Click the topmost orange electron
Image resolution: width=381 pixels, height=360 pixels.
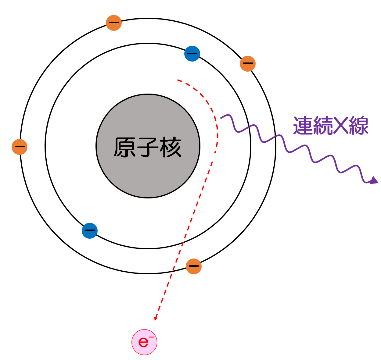(114, 23)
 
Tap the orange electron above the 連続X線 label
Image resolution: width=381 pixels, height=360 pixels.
(248, 64)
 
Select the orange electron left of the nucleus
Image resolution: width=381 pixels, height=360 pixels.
(20, 147)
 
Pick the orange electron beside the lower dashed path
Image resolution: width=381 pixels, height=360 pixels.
(194, 266)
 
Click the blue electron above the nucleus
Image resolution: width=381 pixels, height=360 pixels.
(192, 54)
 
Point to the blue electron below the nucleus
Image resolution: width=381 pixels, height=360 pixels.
(90, 231)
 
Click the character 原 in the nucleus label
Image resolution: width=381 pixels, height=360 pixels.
(125, 148)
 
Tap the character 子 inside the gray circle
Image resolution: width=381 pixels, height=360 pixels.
(148, 148)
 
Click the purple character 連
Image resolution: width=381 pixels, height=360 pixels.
(304, 126)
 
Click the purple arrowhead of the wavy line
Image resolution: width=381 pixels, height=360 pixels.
(374, 180)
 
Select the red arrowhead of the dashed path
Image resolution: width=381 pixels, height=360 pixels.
(156, 318)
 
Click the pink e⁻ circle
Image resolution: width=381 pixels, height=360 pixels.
(144, 342)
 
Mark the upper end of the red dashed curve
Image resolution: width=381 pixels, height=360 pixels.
(178, 80)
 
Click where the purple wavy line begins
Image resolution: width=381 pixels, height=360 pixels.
(221, 118)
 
